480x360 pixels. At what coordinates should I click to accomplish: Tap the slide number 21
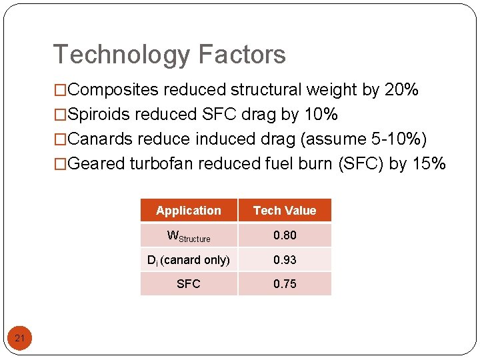(20, 339)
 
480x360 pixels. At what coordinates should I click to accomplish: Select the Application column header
(189, 211)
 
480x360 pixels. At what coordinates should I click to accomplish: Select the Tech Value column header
(285, 211)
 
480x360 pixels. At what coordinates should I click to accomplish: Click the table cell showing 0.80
(285, 235)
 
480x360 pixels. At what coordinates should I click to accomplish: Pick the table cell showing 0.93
(285, 260)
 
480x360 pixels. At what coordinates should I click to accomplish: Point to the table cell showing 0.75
(285, 284)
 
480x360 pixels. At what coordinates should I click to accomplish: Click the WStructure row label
(189, 236)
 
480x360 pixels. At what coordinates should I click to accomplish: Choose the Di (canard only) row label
(189, 260)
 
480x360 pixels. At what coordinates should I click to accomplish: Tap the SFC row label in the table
(189, 284)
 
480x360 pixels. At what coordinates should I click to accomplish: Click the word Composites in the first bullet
(114, 90)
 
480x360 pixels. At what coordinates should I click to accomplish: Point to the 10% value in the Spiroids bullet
(321, 115)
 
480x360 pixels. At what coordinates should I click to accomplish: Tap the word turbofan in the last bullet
(160, 164)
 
